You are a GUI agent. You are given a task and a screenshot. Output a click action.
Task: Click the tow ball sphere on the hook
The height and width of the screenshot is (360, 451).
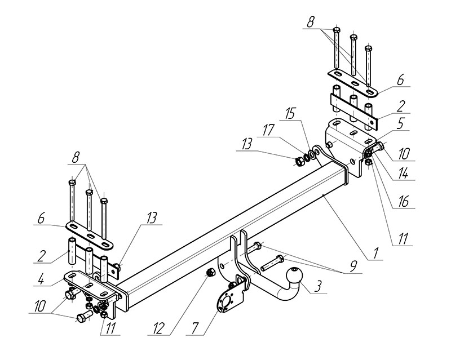click(x=294, y=277)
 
